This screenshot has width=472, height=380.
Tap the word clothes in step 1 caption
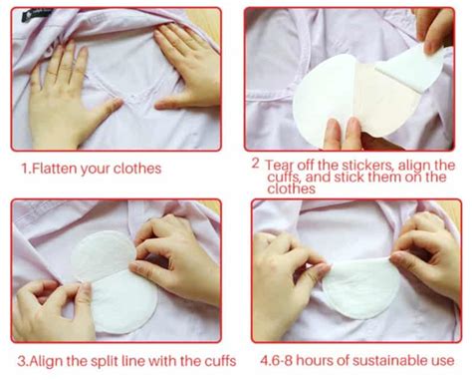pyautogui.click(x=137, y=169)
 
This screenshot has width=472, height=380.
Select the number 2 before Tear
pyautogui.click(x=255, y=164)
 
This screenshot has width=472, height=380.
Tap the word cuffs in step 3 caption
pyautogui.click(x=220, y=361)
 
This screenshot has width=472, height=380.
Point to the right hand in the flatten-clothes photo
pyautogui.click(x=187, y=70)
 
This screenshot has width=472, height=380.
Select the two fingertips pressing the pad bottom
pyautogui.click(x=342, y=133)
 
